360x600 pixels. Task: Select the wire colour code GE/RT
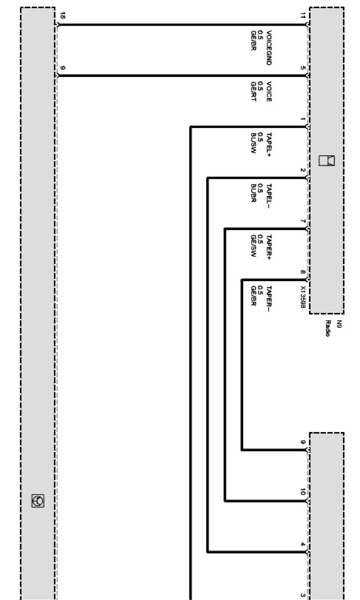pyautogui.click(x=254, y=92)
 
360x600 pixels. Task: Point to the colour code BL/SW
pyautogui.click(x=254, y=143)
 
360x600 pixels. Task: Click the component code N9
pyautogui.click(x=338, y=324)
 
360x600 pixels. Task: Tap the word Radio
pyautogui.click(x=327, y=328)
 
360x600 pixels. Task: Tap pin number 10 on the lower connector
pyautogui.click(x=303, y=492)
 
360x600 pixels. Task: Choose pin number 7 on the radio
pyautogui.click(x=303, y=221)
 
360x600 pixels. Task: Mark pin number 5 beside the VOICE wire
pyautogui.click(x=303, y=68)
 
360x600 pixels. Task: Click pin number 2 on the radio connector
pyautogui.click(x=303, y=170)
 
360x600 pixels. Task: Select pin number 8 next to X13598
pyautogui.click(x=303, y=272)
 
